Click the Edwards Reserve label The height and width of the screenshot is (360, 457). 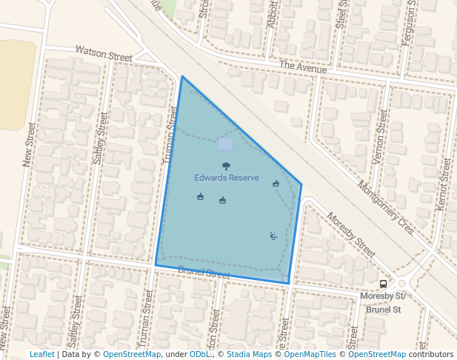click(x=227, y=178)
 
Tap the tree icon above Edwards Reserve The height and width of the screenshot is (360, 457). click(x=226, y=166)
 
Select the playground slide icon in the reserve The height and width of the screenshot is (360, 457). click(x=273, y=236)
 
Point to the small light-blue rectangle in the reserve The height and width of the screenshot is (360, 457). click(x=225, y=144)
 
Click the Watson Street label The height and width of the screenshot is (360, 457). click(x=104, y=53)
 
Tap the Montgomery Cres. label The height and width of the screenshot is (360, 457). click(x=385, y=208)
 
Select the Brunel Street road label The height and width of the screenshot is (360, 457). click(x=204, y=275)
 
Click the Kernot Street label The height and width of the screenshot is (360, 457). click(x=444, y=182)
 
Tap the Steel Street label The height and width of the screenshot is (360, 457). click(x=341, y=14)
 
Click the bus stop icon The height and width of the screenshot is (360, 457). click(x=383, y=284)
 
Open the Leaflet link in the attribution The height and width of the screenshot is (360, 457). click(x=41, y=354)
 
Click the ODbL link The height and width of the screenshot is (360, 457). click(x=199, y=354)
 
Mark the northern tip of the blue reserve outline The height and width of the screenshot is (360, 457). click(x=182, y=76)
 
